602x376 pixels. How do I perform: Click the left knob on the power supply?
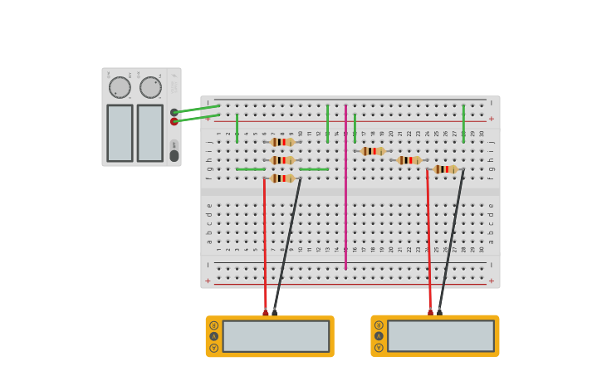(x=120, y=87)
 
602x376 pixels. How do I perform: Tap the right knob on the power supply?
(x=150, y=87)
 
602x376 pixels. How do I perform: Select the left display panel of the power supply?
(x=120, y=133)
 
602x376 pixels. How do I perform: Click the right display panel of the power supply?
(x=150, y=133)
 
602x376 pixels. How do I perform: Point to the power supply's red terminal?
(x=174, y=121)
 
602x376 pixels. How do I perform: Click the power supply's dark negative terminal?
(x=174, y=112)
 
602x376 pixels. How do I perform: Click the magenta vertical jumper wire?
(x=345, y=191)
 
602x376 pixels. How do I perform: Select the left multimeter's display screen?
(x=276, y=336)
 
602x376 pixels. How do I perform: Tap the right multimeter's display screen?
(x=441, y=336)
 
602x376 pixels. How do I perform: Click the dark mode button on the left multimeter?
(x=214, y=336)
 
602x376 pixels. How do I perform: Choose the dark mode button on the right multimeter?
(x=379, y=336)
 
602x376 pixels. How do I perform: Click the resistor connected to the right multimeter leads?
(x=445, y=169)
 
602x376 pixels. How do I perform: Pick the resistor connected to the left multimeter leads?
(x=282, y=178)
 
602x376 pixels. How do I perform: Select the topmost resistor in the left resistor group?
(x=282, y=142)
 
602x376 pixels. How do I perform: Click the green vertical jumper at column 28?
(x=463, y=125)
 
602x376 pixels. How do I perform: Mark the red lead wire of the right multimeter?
(x=428, y=241)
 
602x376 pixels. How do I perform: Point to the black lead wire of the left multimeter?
(x=287, y=245)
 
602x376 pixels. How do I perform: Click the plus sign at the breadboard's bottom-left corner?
(x=208, y=281)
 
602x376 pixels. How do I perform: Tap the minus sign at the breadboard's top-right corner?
(x=491, y=102)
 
